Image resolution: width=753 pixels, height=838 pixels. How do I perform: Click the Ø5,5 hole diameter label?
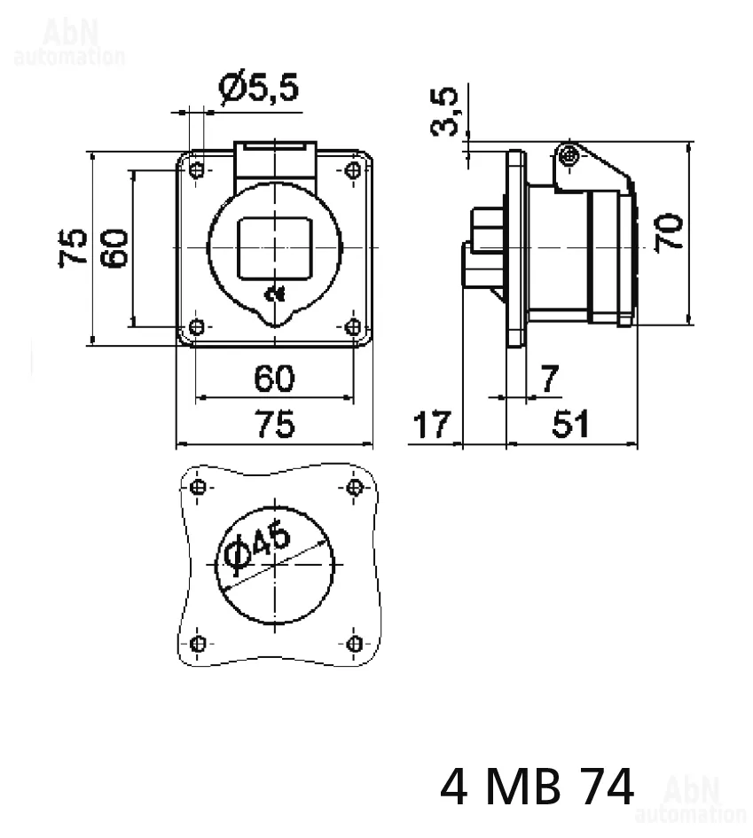coord(259,87)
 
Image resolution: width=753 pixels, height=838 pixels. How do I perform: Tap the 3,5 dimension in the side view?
coord(444,111)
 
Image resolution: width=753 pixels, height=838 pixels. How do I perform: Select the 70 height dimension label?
coord(669,232)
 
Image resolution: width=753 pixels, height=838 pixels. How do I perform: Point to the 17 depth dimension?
coord(432,425)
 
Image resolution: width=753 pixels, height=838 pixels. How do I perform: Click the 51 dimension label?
coord(571,425)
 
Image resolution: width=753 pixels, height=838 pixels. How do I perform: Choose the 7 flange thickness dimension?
coord(549,379)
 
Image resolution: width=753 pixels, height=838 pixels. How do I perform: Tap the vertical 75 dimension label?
coord(73,247)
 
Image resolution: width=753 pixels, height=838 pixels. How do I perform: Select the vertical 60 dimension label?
coord(114,248)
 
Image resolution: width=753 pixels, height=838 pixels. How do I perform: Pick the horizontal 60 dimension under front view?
coord(274,379)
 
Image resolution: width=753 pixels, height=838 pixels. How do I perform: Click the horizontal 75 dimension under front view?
coord(275,425)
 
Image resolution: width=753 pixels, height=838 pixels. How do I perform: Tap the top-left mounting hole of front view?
coord(197,170)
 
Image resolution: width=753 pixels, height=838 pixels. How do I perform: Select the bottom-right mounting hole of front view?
coord(353,326)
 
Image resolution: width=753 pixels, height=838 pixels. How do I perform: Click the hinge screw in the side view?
coord(569,157)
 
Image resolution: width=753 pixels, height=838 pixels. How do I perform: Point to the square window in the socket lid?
coord(275,248)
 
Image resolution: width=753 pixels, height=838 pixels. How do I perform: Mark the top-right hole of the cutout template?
coord(354,488)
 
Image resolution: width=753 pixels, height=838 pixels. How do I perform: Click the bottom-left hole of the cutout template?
coord(197,644)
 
